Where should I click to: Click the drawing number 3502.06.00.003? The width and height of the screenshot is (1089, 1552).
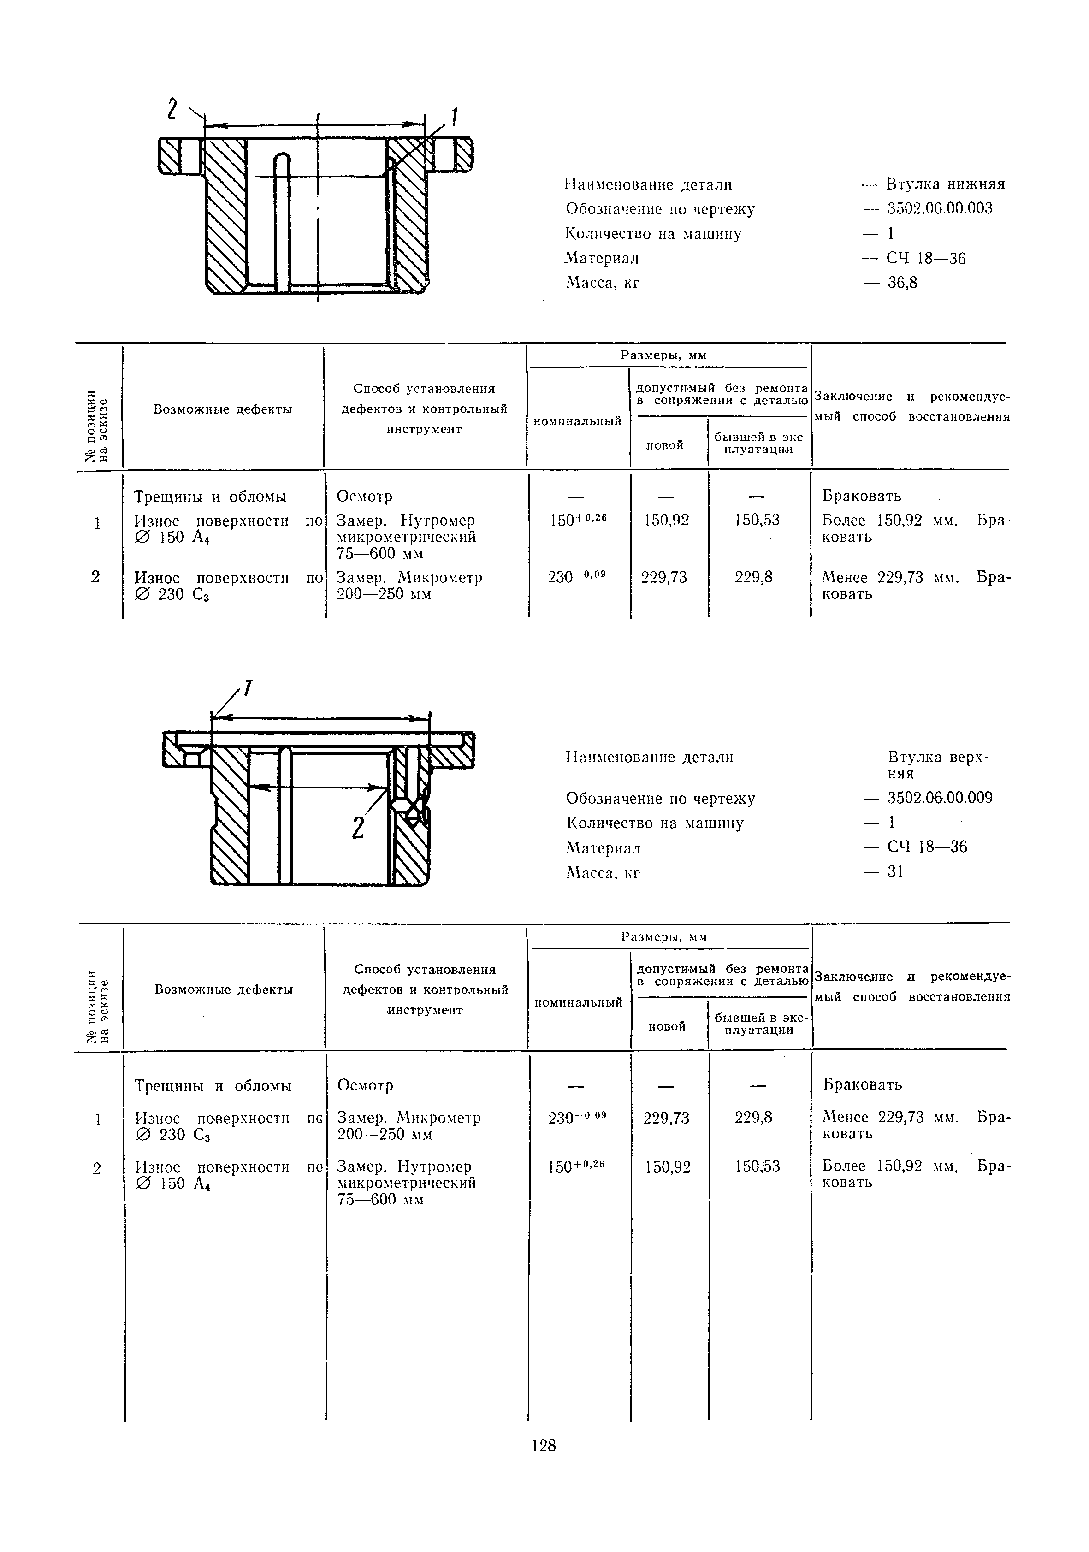tap(940, 209)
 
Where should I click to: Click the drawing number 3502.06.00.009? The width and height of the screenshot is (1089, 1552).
tap(940, 798)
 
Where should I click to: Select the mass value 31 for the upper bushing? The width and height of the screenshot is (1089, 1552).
tap(895, 872)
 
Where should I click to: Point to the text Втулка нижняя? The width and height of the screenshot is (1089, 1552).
tap(945, 184)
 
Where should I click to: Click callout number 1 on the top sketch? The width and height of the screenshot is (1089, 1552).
tap(454, 119)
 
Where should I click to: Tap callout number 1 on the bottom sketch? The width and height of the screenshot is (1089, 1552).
tap(248, 689)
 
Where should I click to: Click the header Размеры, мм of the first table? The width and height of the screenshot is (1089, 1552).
tap(663, 355)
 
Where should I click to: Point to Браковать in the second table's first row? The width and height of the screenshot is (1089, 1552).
tap(862, 1085)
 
